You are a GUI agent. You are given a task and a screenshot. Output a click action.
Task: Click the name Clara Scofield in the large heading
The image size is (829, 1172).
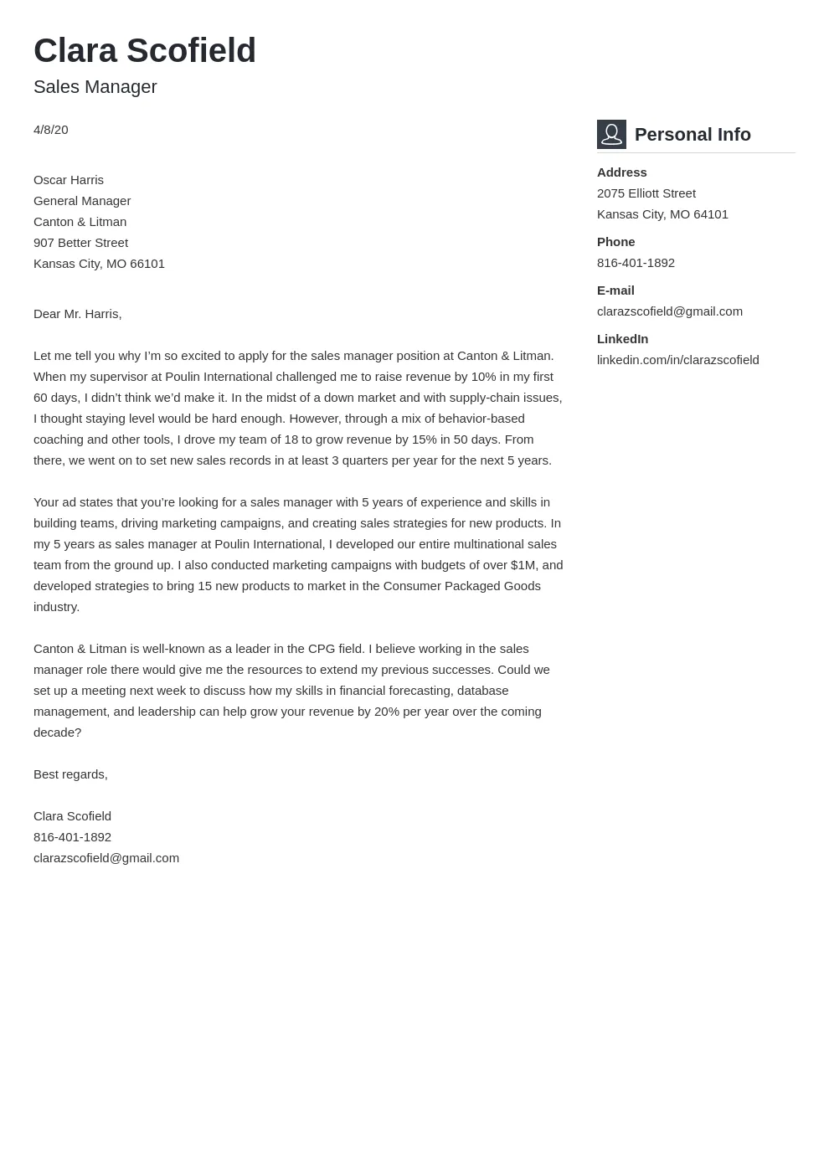pos(145,51)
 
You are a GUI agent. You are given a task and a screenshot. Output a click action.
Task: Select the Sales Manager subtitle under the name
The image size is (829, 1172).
pos(95,87)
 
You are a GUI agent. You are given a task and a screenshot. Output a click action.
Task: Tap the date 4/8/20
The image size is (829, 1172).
pos(51,130)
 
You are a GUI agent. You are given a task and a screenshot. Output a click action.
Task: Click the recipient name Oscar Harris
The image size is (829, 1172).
pos(69,180)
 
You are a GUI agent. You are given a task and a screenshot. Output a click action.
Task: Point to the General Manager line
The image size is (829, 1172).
pos(82,201)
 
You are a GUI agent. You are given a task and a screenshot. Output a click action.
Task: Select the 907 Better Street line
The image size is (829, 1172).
pos(80,243)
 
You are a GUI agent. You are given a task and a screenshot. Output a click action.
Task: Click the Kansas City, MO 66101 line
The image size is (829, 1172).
pos(99,264)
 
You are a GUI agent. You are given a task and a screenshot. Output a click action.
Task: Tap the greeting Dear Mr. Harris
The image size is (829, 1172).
pos(77,314)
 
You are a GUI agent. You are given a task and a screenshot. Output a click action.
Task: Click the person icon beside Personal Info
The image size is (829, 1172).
pos(611,134)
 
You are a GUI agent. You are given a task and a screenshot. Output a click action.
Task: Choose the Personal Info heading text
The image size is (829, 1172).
pos(693,135)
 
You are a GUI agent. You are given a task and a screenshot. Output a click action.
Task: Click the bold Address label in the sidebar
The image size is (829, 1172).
pos(621,172)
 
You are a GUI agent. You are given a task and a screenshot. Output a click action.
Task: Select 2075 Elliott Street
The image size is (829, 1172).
pos(646,193)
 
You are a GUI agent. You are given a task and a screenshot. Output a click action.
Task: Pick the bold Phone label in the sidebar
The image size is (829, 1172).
pos(615,242)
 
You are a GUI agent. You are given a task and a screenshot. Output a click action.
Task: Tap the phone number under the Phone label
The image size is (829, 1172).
pos(636,263)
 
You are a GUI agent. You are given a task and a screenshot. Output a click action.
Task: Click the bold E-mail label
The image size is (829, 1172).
pos(615,290)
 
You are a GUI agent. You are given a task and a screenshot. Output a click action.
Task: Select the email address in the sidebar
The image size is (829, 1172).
pos(669,311)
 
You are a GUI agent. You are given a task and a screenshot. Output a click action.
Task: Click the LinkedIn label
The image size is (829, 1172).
pos(622,339)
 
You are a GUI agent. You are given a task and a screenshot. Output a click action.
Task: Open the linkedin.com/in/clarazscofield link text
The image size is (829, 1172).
pos(677,360)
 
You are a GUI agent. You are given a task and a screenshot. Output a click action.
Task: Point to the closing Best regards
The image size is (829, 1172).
pos(70,774)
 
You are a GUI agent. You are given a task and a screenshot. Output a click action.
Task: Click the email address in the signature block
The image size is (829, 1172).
pos(106,858)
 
